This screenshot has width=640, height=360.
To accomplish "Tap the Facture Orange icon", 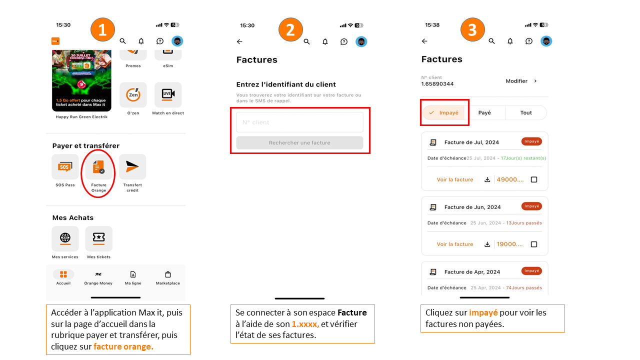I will (98, 167).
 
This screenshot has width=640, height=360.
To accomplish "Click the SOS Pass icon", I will (65, 167).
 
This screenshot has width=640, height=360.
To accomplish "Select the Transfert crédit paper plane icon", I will (132, 167).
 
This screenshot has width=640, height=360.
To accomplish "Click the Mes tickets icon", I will (99, 238).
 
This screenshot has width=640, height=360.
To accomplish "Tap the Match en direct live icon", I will (168, 94).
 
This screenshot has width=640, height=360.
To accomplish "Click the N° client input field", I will (299, 122).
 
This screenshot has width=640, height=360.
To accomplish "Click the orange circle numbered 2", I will (290, 30).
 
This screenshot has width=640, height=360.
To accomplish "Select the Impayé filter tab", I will (444, 113).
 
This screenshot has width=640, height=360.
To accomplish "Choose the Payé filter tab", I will (484, 113).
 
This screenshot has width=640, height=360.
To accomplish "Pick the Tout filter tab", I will (526, 113).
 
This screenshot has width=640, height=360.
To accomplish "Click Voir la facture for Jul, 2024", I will (454, 179).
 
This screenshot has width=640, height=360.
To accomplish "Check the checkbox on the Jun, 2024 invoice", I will (534, 244).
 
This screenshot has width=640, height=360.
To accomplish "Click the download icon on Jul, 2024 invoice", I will (487, 179).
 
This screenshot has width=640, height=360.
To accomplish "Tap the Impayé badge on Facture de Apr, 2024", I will (531, 271).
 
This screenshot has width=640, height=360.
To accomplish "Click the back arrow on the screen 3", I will (424, 41).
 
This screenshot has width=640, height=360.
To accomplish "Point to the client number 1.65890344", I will (437, 84).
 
